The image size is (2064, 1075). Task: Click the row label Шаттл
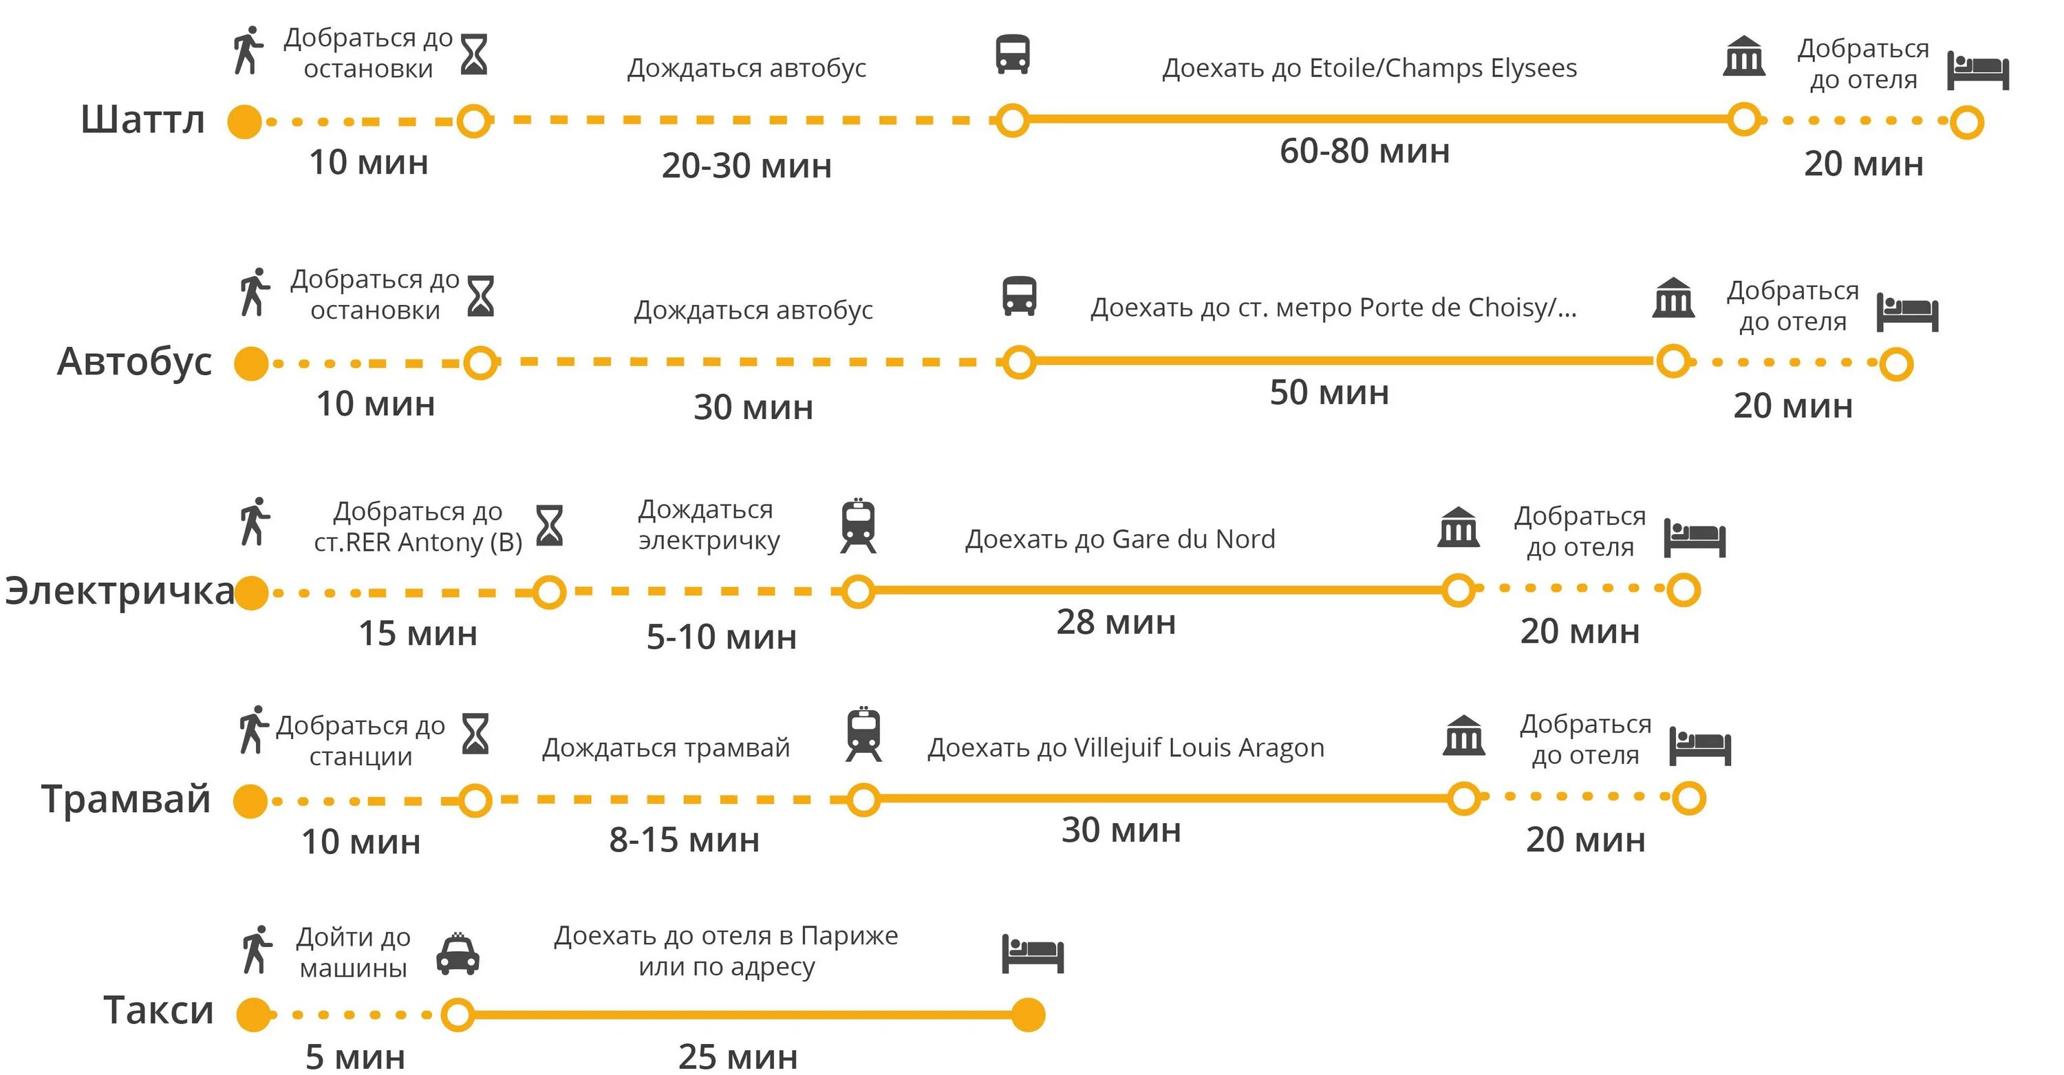click(142, 120)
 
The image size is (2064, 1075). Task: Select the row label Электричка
click(120, 592)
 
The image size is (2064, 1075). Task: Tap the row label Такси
click(159, 1010)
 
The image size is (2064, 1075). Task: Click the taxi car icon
click(458, 954)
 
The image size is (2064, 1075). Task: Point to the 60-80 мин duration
click(1364, 151)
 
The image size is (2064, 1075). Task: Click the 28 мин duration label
click(1115, 622)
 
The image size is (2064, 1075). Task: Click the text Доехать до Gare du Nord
click(1119, 540)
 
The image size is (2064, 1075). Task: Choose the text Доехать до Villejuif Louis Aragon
click(1126, 748)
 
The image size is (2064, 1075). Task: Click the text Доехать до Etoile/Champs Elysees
click(1369, 68)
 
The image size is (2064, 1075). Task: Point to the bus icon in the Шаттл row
click(1013, 54)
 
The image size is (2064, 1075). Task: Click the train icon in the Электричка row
click(858, 526)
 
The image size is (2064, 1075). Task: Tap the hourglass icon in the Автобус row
click(481, 296)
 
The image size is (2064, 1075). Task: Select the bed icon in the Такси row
click(1033, 953)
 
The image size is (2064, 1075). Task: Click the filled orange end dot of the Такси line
click(1028, 1015)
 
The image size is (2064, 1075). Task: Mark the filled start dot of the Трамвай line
click(250, 801)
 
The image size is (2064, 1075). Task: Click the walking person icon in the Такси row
click(257, 950)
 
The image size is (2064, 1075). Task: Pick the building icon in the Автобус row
click(1673, 297)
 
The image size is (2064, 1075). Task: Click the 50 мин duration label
click(1329, 393)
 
